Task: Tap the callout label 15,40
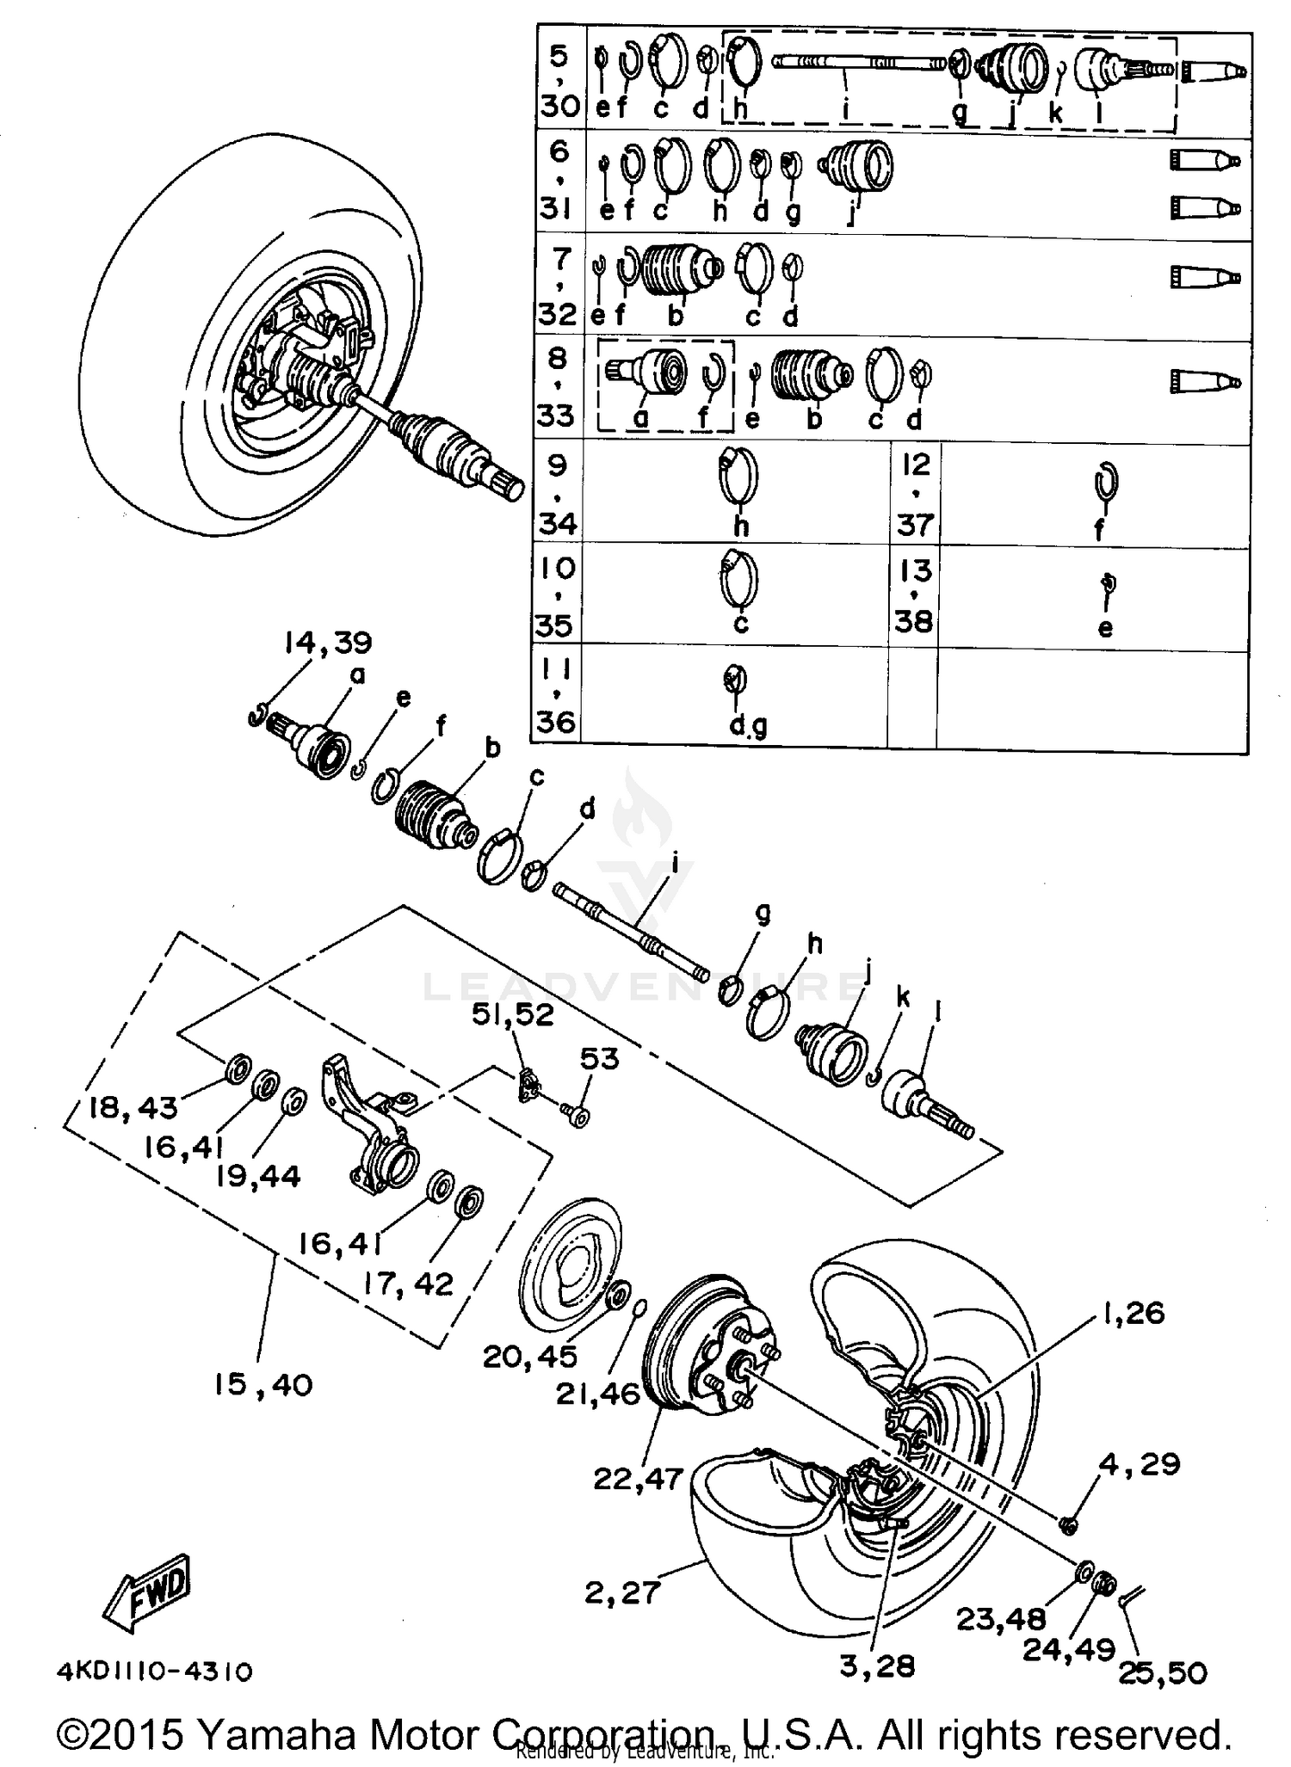coord(263,1384)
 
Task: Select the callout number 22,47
coord(638,1478)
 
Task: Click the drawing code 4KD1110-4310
coord(155,1672)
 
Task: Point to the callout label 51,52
coord(513,1014)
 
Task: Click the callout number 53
coord(599,1058)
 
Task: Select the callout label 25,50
coord(1163,1672)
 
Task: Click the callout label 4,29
coord(1140,1463)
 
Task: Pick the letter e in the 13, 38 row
coord(1105,627)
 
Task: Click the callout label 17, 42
coord(408,1283)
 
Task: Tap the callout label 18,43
coord(133,1107)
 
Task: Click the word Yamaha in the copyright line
coord(276,1733)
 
